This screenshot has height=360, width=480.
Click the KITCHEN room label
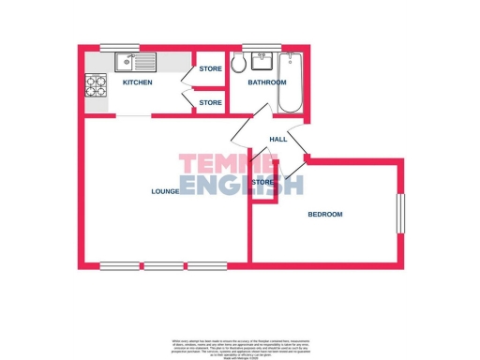click(x=137, y=83)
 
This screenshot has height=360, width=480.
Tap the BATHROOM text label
click(x=266, y=82)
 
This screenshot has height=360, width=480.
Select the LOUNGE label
click(x=165, y=191)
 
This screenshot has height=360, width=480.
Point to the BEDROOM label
click(x=325, y=215)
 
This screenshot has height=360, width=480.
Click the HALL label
click(x=277, y=140)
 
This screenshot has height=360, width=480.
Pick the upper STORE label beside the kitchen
click(x=210, y=69)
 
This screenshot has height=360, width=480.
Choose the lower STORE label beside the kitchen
click(x=210, y=102)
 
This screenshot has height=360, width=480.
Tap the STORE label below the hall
click(x=263, y=182)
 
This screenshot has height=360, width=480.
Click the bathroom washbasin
click(x=262, y=64)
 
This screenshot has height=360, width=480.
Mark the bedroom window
click(x=400, y=214)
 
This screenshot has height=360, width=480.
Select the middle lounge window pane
click(x=164, y=265)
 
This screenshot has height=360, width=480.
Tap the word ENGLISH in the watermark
click(x=242, y=185)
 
